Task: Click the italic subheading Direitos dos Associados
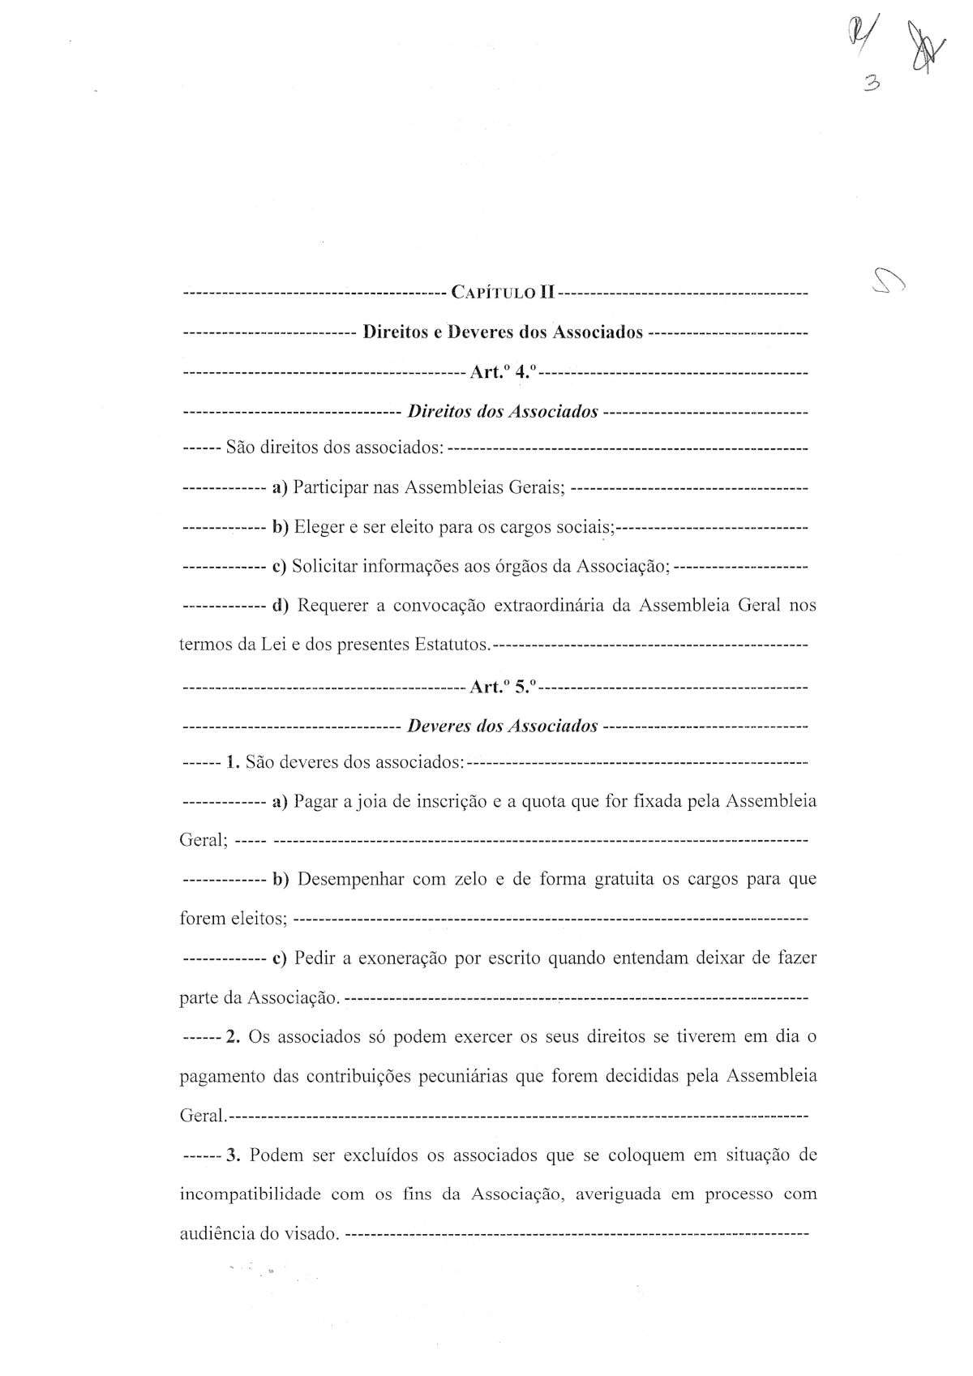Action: click(503, 412)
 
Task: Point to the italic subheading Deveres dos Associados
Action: click(503, 726)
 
